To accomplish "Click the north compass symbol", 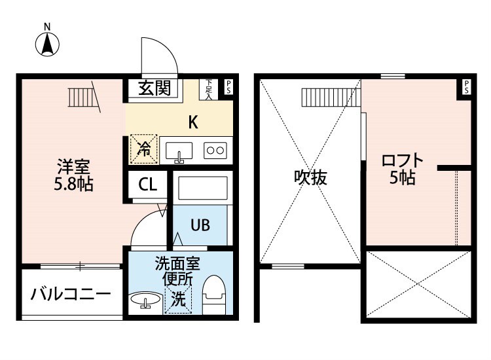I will coord(47,43).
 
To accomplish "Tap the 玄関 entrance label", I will coord(155,88).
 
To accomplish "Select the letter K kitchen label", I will coord(193,122).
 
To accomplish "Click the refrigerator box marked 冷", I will coord(144,149).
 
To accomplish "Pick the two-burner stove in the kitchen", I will coord(215,151).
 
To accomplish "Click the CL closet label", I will coord(147,185).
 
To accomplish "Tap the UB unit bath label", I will coord(200,225).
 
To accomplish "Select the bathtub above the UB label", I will coord(202,190).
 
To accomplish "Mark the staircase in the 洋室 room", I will coord(82,97).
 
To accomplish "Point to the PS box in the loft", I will coord(465,87).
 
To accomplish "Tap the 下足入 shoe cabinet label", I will coord(208,89).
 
